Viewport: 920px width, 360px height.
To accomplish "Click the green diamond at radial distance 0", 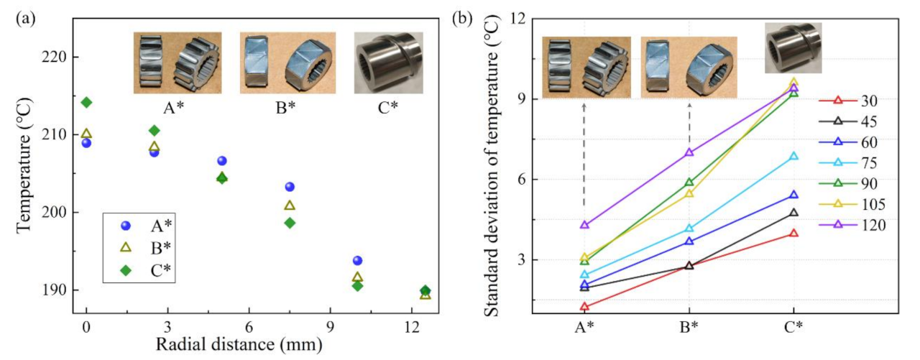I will pos(86,102).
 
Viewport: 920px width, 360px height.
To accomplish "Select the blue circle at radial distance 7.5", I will pos(290,187).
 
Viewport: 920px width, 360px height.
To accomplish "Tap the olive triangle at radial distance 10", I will pos(357,277).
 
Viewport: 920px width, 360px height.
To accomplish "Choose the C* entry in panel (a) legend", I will pos(162,270).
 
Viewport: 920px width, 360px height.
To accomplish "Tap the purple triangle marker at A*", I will pos(584,225).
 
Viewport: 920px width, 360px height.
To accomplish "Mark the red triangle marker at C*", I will pos(794,233).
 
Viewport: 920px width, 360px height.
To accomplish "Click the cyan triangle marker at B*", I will pos(689,229).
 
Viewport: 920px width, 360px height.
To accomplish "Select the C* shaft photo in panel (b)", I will pos(792,47).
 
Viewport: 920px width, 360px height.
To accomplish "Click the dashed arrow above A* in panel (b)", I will pos(584,158).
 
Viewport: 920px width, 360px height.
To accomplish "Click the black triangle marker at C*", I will pos(794,213).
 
